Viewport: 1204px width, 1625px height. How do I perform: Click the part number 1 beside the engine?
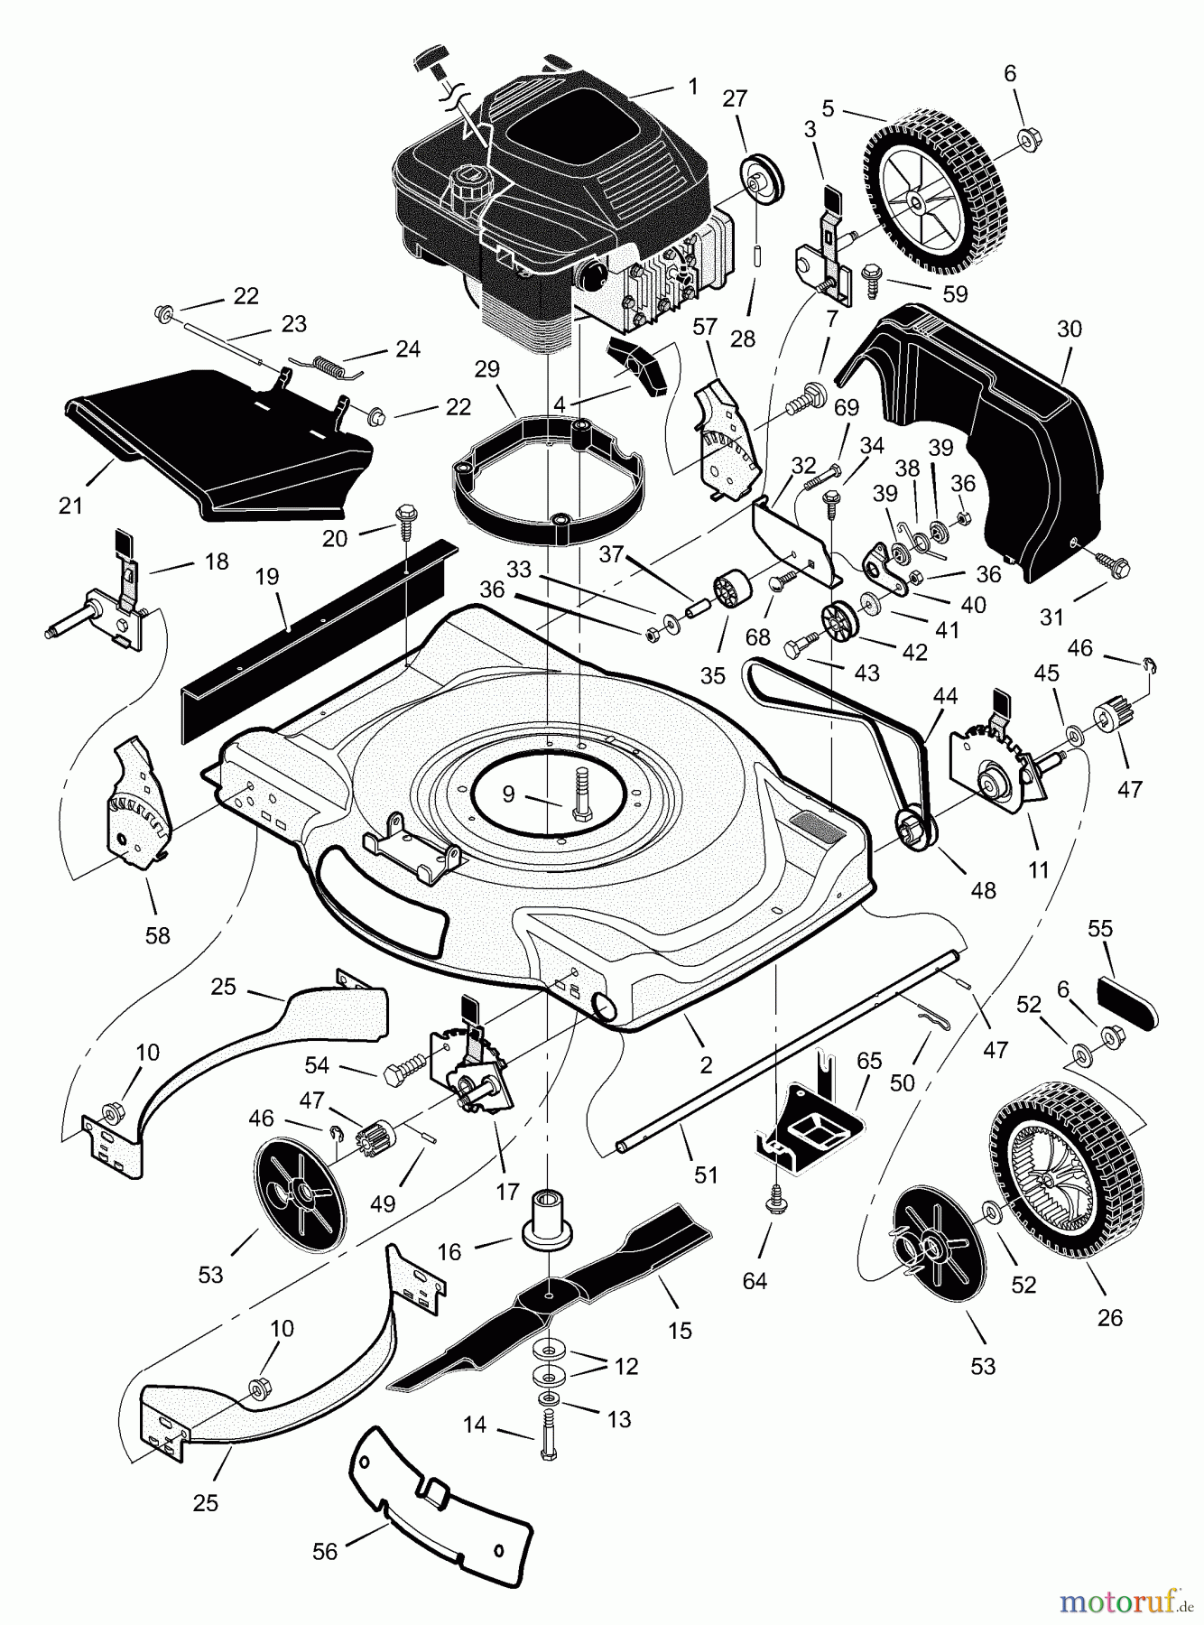point(692,87)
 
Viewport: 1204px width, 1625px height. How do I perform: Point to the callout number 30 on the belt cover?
point(1069,329)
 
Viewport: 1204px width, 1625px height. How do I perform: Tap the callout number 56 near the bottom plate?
point(324,1551)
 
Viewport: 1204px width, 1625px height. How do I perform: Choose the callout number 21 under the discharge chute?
point(70,506)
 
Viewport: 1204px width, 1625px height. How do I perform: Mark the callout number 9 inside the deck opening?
point(508,794)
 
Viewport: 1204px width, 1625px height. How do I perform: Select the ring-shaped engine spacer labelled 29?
point(551,478)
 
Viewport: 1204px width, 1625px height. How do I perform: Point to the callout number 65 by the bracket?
point(869,1062)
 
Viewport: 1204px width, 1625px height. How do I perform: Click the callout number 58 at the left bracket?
point(157,935)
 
